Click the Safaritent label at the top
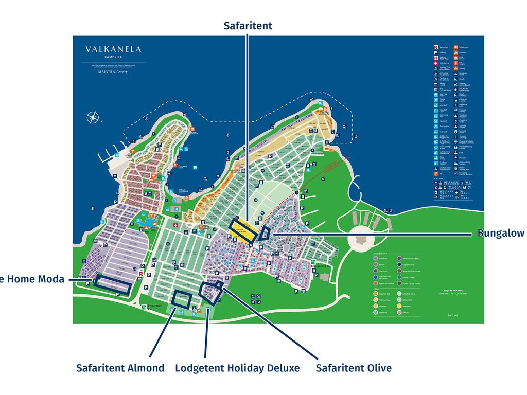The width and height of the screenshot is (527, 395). tap(248, 26)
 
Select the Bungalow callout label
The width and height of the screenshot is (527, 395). tap(500, 234)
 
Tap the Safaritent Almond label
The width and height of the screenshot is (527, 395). tap(120, 368)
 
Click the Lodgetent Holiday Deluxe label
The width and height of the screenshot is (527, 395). tap(237, 368)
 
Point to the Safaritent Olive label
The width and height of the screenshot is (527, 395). tap(353, 368)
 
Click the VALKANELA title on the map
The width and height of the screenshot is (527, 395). tap(113, 49)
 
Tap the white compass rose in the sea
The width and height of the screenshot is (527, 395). tap(93, 118)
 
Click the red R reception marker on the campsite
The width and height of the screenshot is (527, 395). tap(140, 274)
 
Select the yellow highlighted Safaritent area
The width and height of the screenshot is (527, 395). tap(242, 230)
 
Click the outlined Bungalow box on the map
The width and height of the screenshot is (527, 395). tap(265, 233)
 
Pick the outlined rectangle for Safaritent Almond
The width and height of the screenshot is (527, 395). tap(182, 299)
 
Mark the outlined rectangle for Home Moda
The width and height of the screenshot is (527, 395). tap(113, 283)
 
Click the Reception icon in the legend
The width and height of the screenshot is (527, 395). tap(435, 47)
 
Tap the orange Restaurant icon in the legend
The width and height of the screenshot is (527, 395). tap(456, 47)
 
